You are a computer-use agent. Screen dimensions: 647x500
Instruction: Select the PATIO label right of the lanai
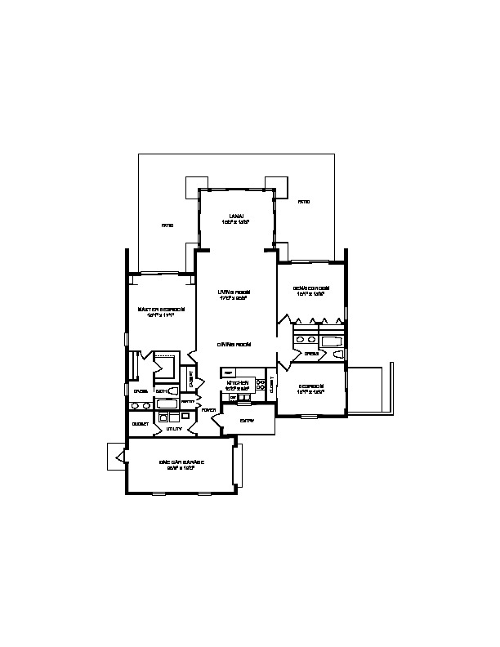[x=303, y=202]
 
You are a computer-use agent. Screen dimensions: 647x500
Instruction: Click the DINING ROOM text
[x=234, y=345]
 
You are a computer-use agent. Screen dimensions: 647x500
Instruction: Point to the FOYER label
[x=209, y=410]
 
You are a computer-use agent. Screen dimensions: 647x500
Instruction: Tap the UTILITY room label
[x=173, y=428]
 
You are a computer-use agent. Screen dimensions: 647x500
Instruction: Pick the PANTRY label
[x=187, y=402]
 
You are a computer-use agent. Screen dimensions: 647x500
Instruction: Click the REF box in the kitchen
[x=229, y=373]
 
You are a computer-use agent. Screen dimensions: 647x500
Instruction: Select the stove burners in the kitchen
[x=261, y=383]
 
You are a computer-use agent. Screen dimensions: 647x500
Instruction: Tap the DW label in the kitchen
[x=233, y=398]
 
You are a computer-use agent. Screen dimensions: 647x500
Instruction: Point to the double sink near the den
[x=306, y=340]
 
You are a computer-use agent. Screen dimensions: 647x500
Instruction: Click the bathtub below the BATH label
[x=166, y=404]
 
